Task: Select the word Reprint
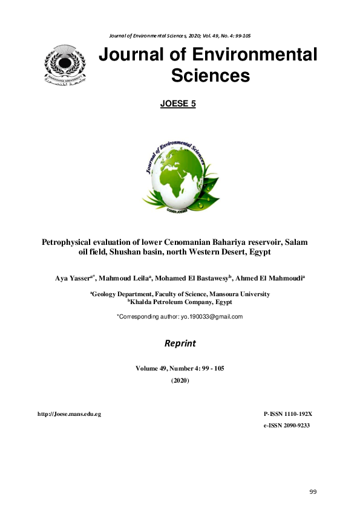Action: click(180, 343)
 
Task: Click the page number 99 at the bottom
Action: click(313, 491)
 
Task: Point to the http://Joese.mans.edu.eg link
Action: click(69, 413)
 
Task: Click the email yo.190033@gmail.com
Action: click(207, 317)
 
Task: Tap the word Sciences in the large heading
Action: click(210, 76)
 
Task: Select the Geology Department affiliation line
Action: click(180, 294)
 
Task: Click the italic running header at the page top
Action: click(180, 36)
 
